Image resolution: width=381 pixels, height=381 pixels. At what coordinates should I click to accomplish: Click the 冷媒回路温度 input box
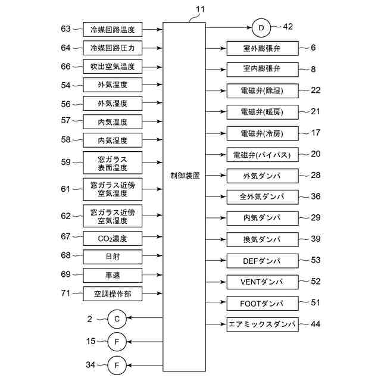point(113,29)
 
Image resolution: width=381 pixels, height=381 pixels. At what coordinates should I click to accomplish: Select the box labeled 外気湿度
point(113,104)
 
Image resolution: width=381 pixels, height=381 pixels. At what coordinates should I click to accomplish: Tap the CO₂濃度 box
point(113,239)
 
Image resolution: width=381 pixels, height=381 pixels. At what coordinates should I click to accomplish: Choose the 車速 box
point(113,276)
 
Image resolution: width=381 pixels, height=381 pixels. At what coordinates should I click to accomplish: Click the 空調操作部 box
point(113,294)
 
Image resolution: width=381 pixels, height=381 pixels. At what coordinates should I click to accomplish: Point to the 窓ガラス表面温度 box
point(113,163)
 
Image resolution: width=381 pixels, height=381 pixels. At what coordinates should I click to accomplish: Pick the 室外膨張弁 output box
point(262,48)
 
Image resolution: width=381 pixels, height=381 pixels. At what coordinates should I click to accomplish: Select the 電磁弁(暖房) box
point(262,111)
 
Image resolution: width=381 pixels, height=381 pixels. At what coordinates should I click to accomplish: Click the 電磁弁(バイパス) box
point(262,155)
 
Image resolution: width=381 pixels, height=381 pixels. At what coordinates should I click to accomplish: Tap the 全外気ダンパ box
point(262,196)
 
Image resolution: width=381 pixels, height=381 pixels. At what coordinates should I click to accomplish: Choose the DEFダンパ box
point(262,261)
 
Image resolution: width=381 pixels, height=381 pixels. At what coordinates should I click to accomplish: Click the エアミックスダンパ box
point(262,325)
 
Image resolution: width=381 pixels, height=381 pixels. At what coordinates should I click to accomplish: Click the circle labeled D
point(261,27)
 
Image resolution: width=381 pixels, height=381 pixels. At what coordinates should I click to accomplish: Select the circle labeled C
point(117,319)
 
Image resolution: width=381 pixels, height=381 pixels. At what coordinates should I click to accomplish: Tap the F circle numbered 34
point(117,364)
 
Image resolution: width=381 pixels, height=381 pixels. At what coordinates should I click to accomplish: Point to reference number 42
point(288,27)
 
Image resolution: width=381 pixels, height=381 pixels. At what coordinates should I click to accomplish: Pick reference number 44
point(315,324)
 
